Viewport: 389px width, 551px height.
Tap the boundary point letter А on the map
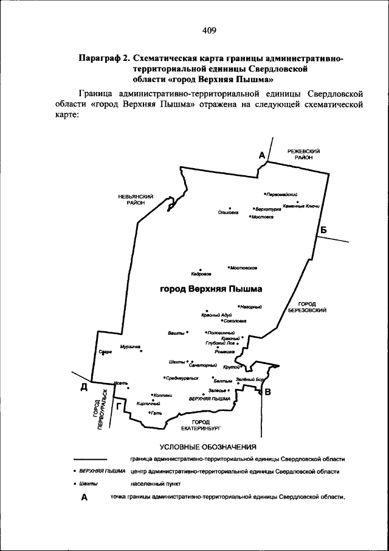[263, 156]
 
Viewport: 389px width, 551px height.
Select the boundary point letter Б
[323, 230]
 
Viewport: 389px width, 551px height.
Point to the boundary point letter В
[267, 391]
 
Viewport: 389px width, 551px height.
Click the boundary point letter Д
[84, 387]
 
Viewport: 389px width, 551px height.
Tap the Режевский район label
[304, 153]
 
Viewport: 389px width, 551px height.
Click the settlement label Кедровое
[201, 275]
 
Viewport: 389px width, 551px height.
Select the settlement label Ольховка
[229, 212]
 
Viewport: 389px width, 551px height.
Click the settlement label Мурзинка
[130, 346]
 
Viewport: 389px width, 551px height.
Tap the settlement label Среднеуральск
[182, 378]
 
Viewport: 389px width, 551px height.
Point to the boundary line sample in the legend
[90, 459]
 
